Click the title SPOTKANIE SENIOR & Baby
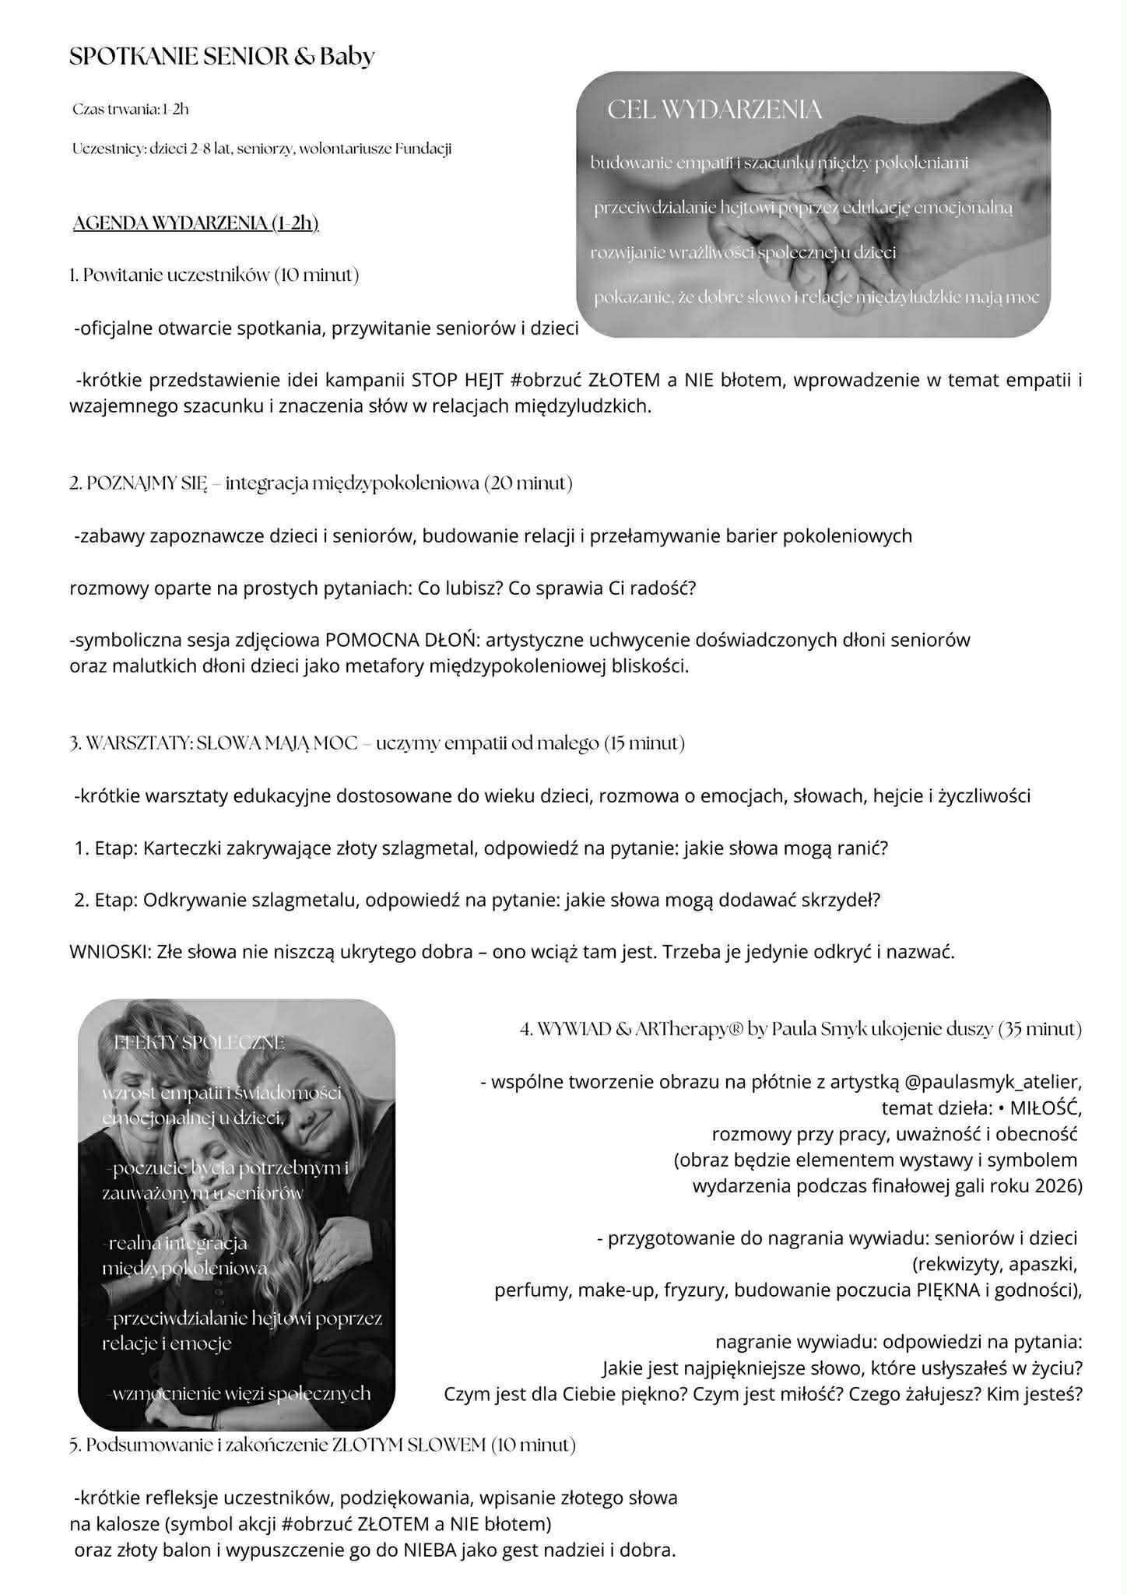pyautogui.click(x=222, y=56)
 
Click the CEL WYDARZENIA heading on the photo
pyautogui.click(x=714, y=110)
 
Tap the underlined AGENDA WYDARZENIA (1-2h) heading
pyautogui.click(x=195, y=223)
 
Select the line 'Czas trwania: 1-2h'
pyautogui.click(x=130, y=109)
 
